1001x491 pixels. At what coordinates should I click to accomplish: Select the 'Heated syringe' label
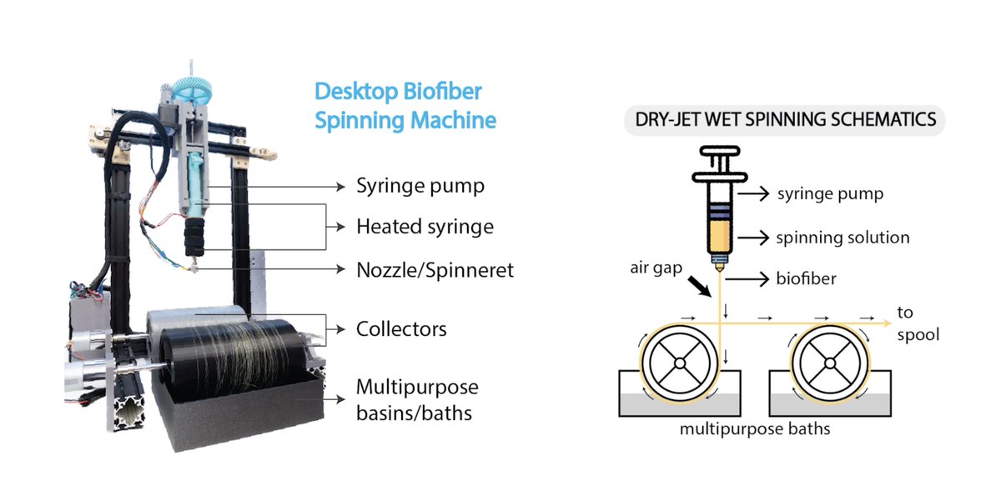coord(425,227)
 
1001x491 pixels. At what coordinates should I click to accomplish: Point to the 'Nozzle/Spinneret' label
coord(435,270)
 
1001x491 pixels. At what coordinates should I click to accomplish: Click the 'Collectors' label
coord(401,329)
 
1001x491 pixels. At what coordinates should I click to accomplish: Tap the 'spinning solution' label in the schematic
coord(843,238)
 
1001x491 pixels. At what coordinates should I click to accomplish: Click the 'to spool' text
coord(918,323)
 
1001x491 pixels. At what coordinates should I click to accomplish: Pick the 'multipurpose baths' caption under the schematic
coord(755,430)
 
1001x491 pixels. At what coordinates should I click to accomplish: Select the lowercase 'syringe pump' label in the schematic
coord(830,194)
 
